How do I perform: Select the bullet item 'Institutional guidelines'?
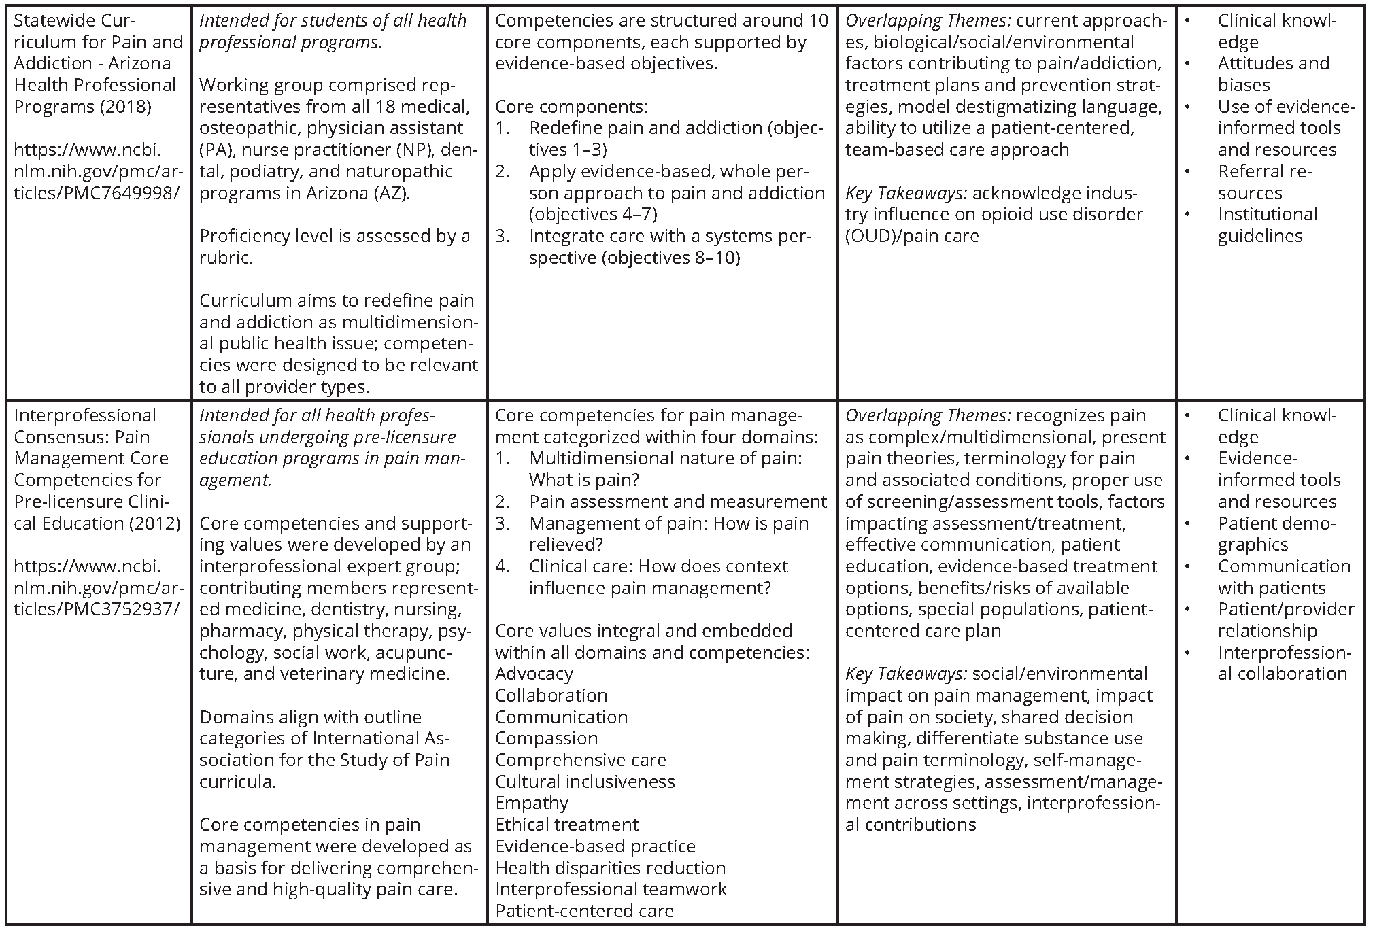1267,225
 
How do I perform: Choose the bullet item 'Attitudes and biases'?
1272,74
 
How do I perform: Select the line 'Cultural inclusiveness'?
585,781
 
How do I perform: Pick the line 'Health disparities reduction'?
610,867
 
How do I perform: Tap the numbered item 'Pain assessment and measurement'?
677,502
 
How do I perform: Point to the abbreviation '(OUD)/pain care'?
912,236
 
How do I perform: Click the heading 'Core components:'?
571,107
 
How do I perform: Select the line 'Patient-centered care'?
584,911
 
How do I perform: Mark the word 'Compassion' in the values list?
546,738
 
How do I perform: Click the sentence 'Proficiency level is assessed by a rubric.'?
335,247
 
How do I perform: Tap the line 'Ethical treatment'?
566,825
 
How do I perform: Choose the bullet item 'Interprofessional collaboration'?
1282,663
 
